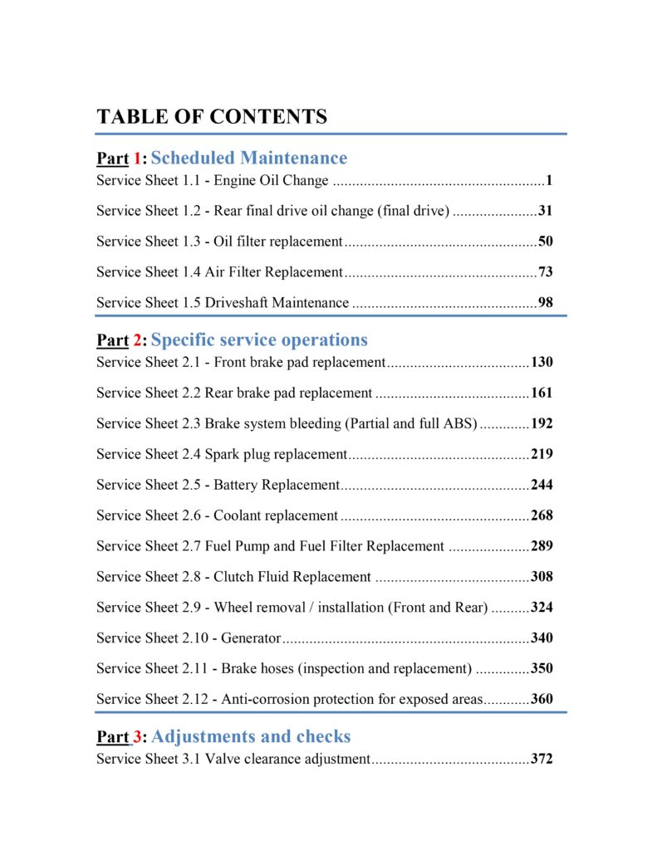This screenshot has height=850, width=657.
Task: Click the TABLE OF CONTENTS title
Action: tap(212, 117)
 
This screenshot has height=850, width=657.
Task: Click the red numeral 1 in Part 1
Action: tap(138, 159)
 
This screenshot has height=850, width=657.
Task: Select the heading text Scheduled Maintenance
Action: tap(249, 158)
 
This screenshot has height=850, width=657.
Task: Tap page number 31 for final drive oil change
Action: tap(545, 211)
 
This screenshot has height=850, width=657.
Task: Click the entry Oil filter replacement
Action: tap(278, 242)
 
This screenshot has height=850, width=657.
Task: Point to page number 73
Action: tap(545, 272)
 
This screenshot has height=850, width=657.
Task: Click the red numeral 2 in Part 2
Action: tap(138, 340)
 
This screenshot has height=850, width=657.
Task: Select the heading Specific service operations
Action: tap(259, 340)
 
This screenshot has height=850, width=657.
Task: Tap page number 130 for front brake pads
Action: tap(542, 363)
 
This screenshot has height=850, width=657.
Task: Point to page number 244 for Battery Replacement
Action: tap(542, 485)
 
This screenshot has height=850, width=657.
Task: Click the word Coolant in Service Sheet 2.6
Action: tap(239, 515)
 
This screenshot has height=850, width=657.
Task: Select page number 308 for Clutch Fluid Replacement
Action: tap(542, 577)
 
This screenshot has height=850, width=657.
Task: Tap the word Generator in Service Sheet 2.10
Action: tap(252, 638)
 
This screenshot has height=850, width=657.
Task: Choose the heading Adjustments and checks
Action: tap(251, 736)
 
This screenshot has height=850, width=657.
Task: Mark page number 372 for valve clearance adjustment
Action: tap(542, 760)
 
